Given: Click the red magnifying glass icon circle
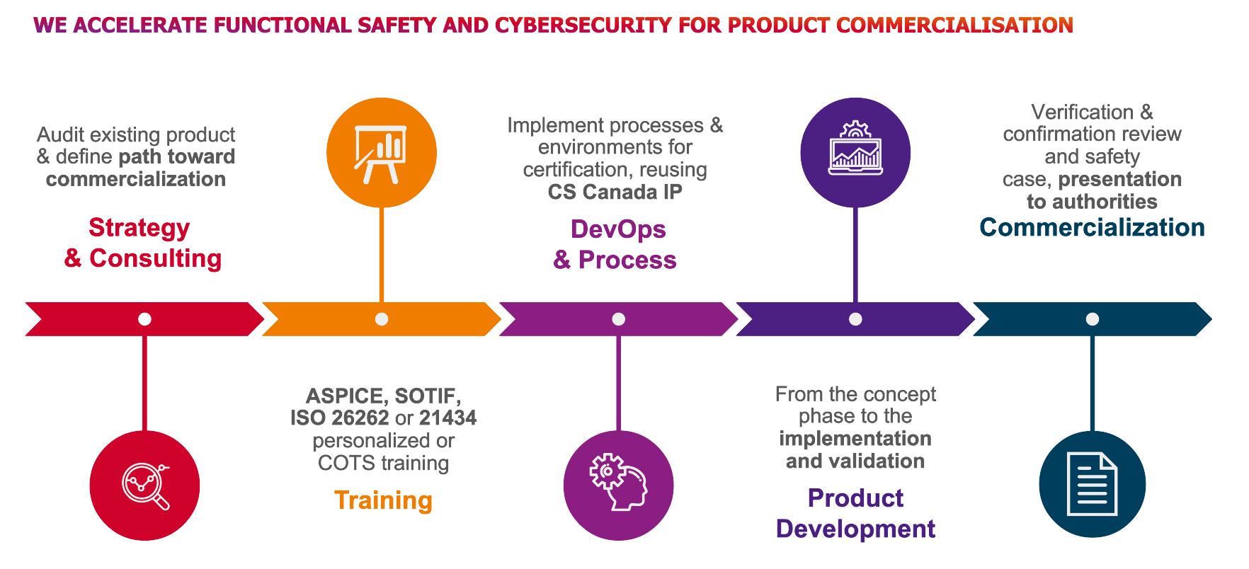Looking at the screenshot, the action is [x=145, y=485].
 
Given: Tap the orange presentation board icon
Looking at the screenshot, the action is [x=382, y=153].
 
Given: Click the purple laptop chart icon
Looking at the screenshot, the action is [x=855, y=153].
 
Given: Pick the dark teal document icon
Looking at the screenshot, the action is [x=1093, y=484].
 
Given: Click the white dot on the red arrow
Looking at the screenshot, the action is [x=144, y=319].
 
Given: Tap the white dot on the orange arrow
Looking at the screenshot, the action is [x=382, y=319].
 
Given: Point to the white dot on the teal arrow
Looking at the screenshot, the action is [x=1093, y=319].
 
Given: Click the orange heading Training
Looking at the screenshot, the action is [x=383, y=500].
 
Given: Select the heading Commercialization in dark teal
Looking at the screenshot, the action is [x=1092, y=227].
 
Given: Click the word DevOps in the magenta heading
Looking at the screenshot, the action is [x=618, y=229].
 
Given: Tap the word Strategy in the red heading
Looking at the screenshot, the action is [x=139, y=228].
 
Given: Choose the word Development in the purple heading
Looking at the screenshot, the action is [x=855, y=529].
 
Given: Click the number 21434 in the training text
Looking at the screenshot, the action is [x=447, y=418].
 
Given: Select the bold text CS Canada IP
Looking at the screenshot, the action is [x=615, y=192].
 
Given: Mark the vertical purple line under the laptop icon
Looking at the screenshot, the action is [x=855, y=255].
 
